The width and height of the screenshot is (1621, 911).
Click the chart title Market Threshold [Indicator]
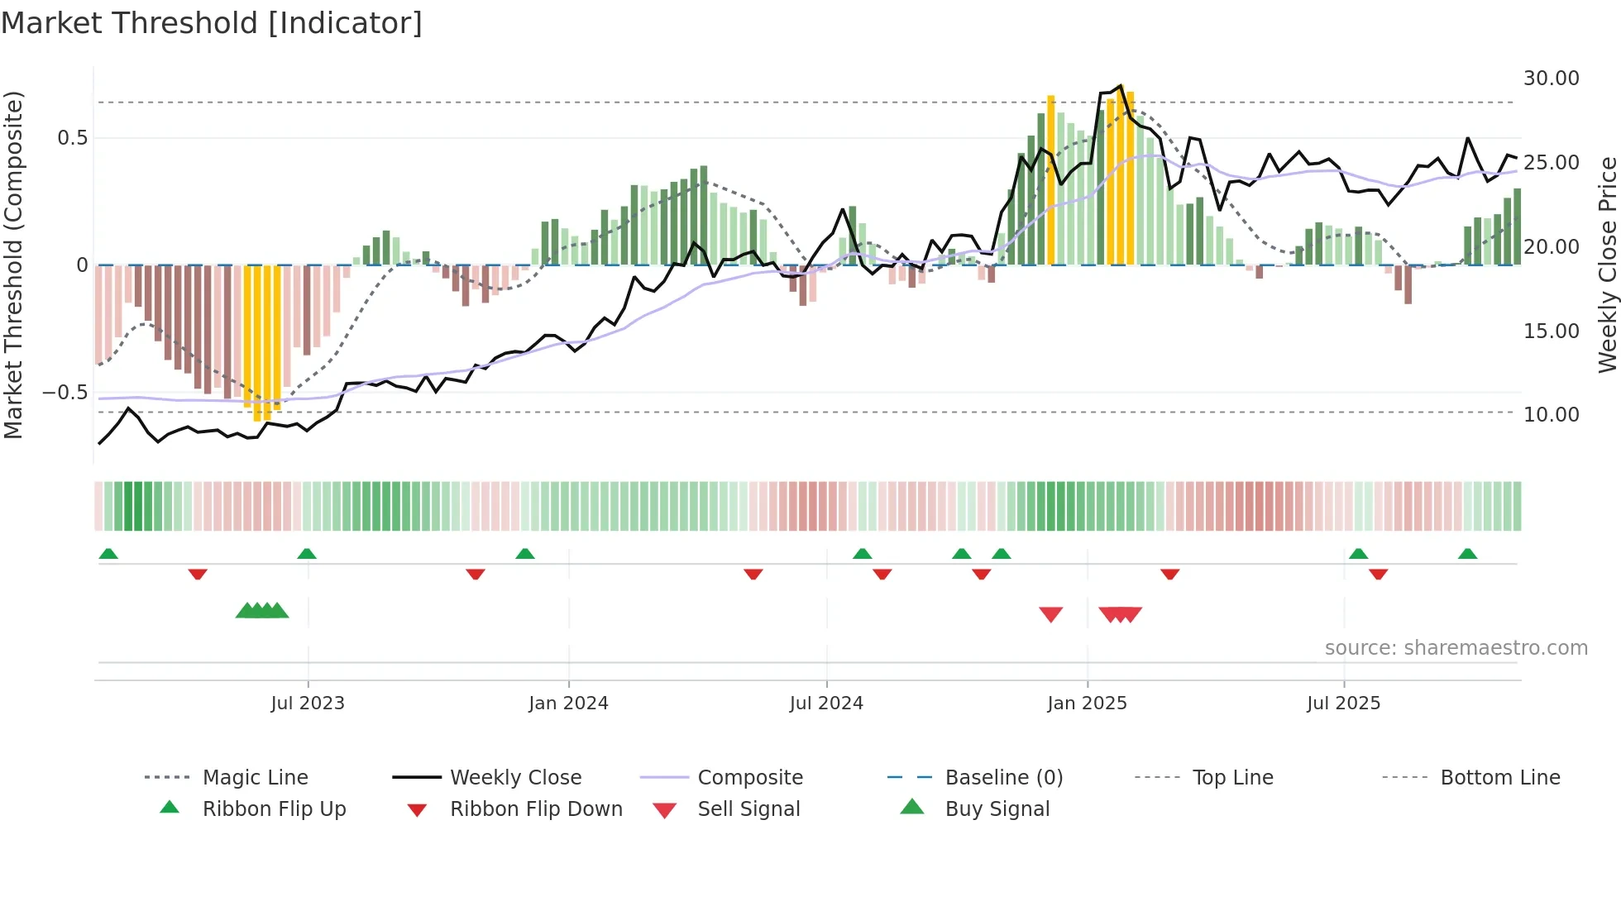coord(212,23)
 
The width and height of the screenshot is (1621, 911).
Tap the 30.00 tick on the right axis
coord(1551,79)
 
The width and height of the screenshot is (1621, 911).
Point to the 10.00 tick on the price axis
coord(1551,415)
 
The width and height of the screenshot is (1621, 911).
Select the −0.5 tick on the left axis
coord(65,393)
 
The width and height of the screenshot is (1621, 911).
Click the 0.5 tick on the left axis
coord(72,138)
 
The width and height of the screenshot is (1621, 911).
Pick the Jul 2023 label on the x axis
coord(308,704)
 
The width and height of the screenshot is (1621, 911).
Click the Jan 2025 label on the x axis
coord(1087,704)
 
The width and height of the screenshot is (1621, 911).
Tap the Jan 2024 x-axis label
coord(568,704)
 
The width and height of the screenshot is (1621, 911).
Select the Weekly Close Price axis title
coord(1607,265)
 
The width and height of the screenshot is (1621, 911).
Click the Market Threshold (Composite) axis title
coord(13,265)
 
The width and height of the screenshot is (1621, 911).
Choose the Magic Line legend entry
coord(255,778)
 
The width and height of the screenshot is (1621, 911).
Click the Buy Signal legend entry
coord(997,809)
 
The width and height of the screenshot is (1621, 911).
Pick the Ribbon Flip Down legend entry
coord(536,809)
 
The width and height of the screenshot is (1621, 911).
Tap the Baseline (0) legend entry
coord(1003,778)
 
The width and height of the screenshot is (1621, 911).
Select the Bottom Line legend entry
coord(1499,778)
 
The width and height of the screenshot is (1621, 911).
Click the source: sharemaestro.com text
coord(1456,648)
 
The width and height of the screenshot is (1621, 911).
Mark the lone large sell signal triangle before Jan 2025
coord(1050,614)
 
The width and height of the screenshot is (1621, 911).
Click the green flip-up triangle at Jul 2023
coord(307,554)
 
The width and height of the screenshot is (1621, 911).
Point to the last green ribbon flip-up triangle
coord(1467,554)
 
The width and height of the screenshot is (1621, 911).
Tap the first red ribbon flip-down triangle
coord(197,574)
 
